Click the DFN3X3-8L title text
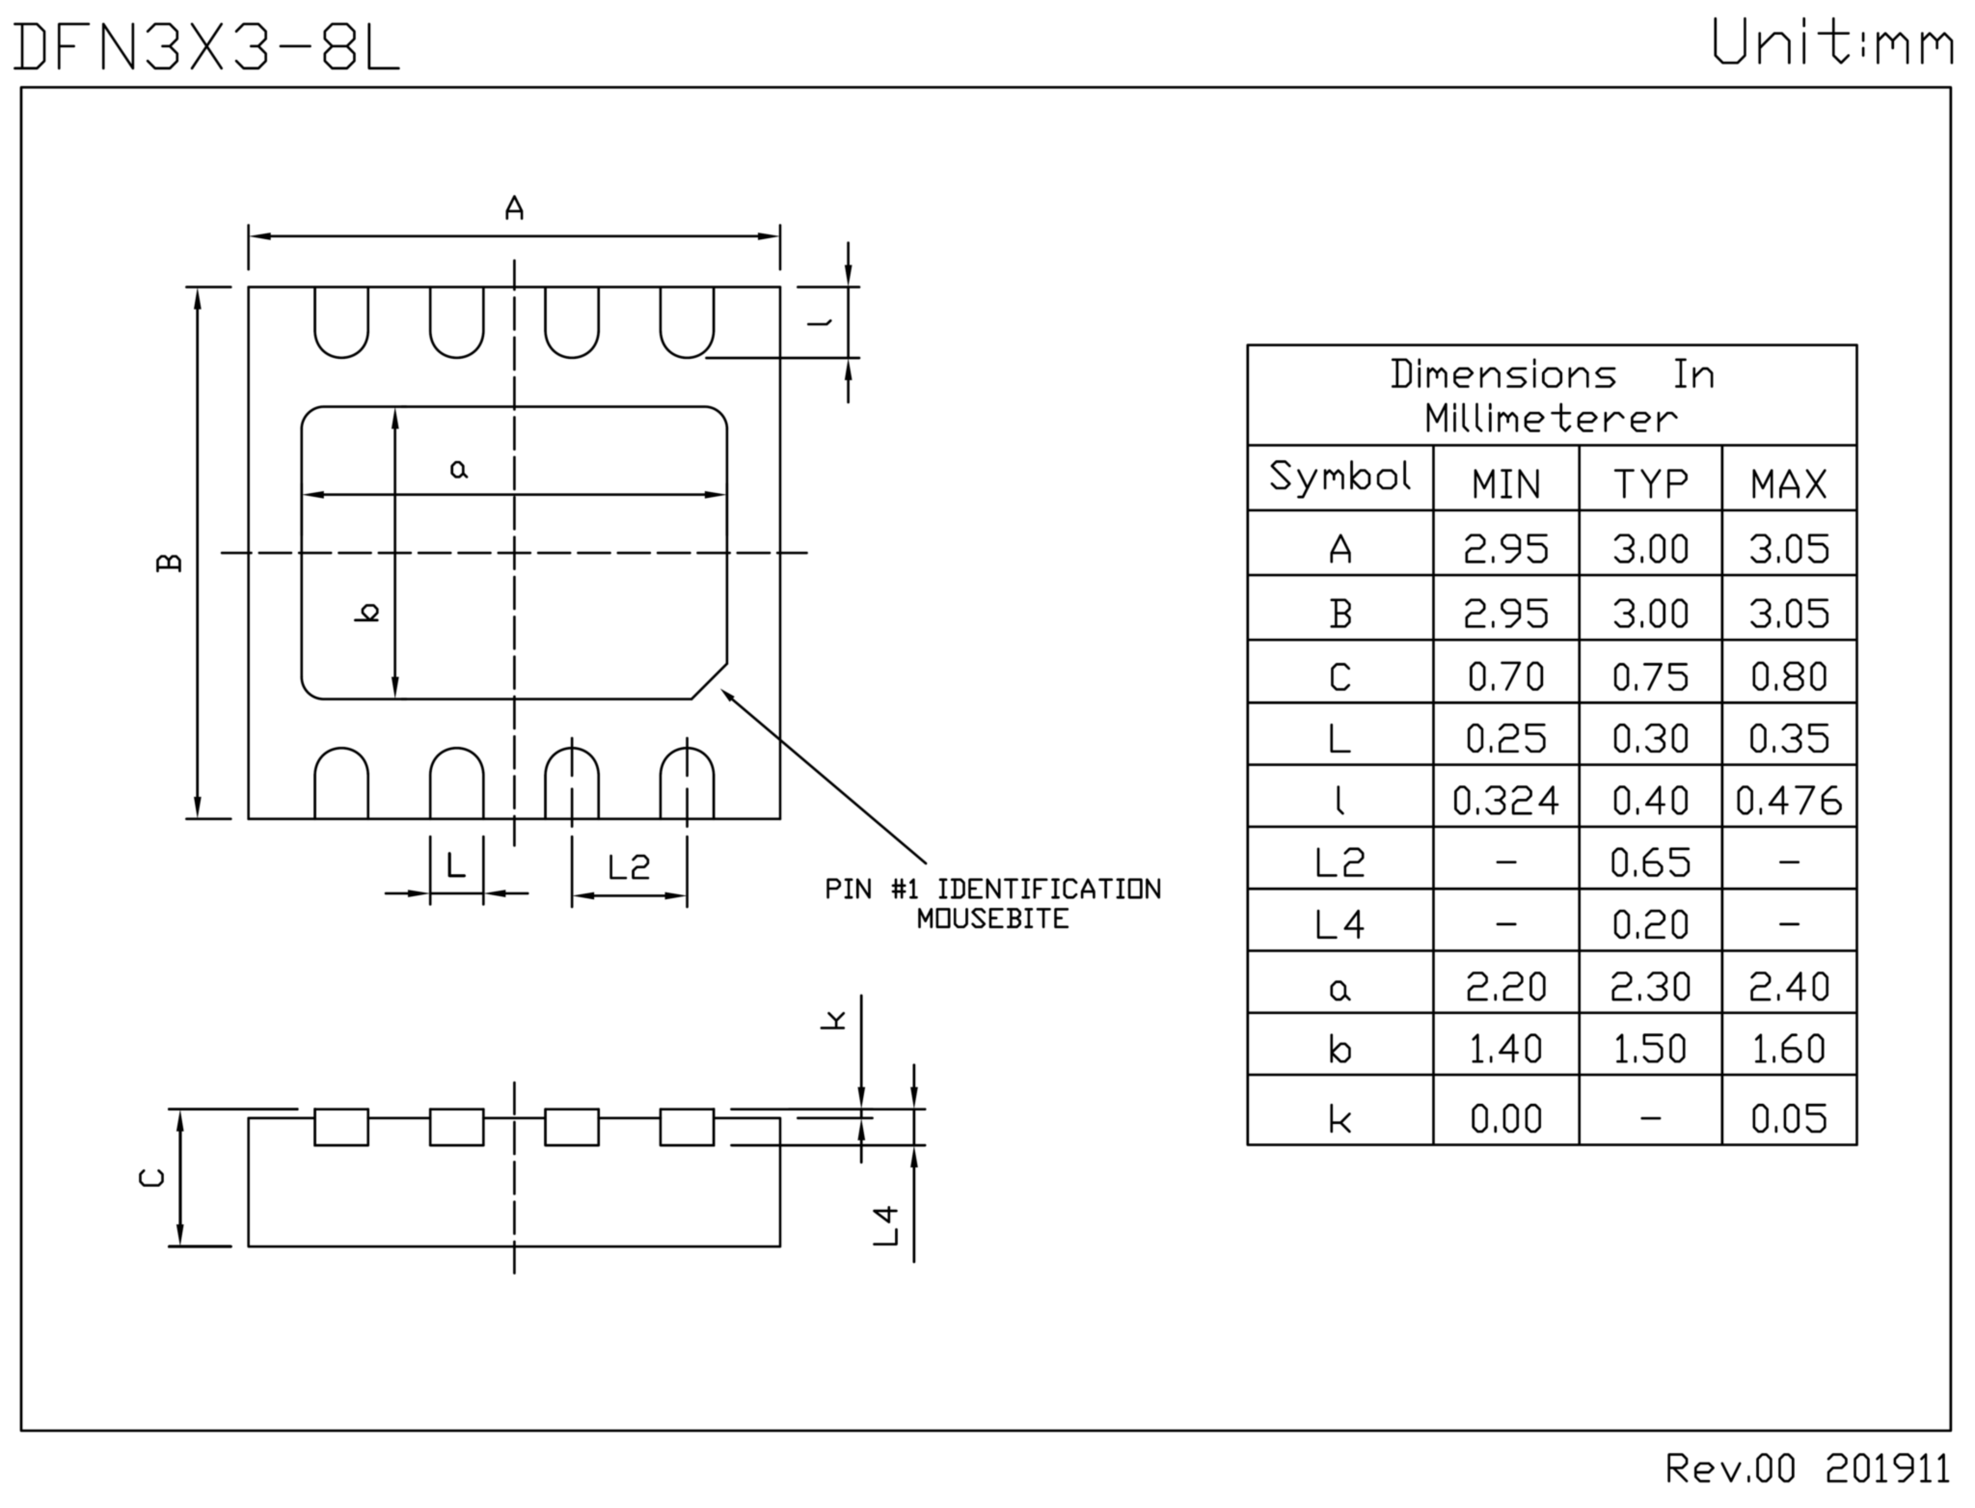206,47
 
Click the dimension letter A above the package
513,208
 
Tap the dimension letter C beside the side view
152,1177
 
